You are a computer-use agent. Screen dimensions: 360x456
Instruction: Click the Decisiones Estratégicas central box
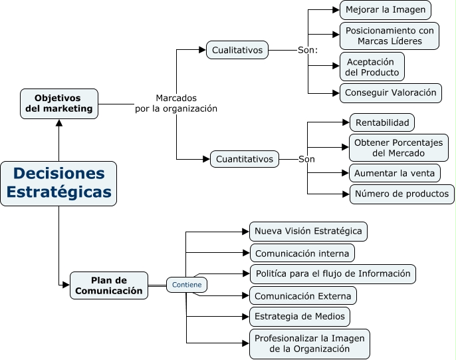58,183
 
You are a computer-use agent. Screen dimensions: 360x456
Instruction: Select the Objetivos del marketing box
59,104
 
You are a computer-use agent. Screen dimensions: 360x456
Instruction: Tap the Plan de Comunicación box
108,285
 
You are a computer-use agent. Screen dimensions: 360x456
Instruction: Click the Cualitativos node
237,50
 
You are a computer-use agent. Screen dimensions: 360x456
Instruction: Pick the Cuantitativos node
245,159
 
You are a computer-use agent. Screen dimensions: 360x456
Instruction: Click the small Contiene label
186,285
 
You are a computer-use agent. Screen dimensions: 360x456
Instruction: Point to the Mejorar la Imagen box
386,10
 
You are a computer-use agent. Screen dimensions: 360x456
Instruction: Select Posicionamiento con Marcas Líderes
390,36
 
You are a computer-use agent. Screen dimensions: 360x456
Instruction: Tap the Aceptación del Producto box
372,67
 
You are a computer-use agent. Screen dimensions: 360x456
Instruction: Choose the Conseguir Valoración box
390,92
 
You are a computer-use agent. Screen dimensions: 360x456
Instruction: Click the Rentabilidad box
382,122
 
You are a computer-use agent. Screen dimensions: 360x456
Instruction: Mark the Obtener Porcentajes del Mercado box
398,148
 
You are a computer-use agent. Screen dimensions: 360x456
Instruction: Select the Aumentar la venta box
395,173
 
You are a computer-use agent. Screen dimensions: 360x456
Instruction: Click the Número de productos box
402,194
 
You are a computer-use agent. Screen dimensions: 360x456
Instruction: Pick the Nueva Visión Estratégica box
308,232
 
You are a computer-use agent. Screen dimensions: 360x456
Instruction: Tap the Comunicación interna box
302,253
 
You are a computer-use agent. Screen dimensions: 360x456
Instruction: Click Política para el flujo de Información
332,273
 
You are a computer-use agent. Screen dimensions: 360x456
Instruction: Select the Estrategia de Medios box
299,316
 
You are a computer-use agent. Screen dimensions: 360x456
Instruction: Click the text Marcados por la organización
176,103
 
